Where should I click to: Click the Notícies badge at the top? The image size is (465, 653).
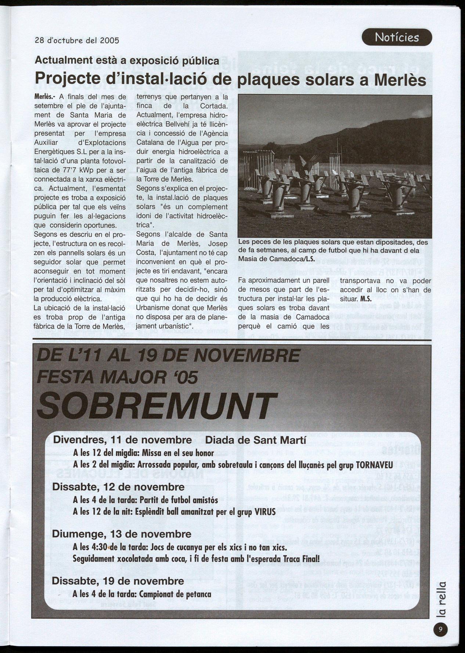point(397,37)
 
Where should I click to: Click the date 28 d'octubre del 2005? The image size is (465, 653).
point(77,40)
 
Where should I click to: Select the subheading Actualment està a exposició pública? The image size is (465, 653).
point(127,60)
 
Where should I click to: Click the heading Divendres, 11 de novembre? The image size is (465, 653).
point(122,440)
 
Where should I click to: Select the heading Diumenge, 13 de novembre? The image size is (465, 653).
point(122,534)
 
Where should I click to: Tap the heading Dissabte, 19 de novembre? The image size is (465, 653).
point(118,581)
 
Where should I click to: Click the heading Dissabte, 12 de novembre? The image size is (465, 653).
point(118,487)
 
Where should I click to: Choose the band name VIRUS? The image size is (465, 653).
point(265,512)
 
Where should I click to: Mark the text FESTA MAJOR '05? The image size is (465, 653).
point(118,377)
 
